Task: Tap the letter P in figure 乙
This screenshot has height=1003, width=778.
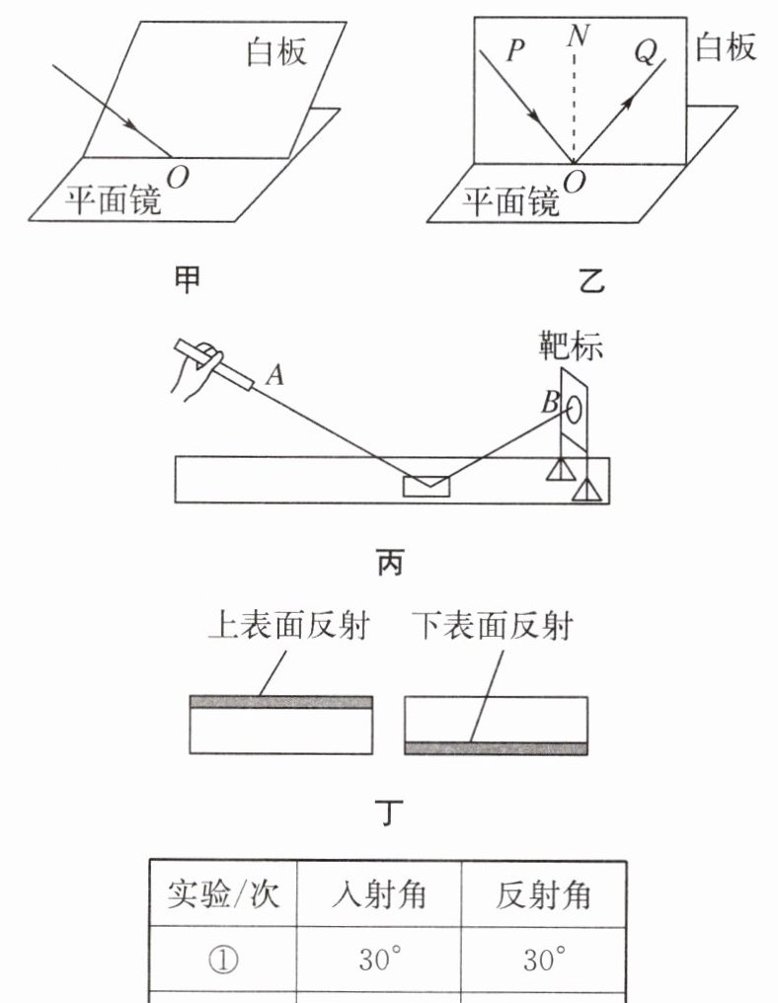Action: coord(514,51)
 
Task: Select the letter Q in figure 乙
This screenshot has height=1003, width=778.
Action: coord(645,53)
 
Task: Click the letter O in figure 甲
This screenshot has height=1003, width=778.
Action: coord(179,176)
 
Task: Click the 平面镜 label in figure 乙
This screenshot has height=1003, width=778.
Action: coord(511,202)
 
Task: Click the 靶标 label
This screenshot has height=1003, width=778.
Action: coord(570,347)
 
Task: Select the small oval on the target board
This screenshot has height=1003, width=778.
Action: coord(573,406)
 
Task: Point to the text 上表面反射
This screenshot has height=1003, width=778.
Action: coord(288,626)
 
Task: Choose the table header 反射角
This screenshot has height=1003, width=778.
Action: coord(542,894)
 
